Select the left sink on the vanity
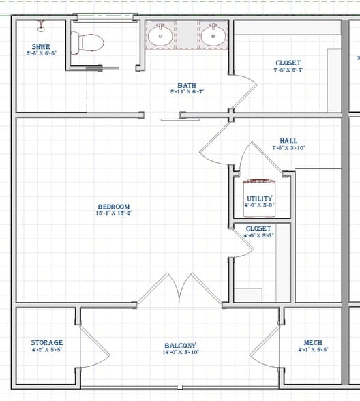[161, 36]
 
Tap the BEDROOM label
[113, 207]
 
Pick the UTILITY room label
[260, 198]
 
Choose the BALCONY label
[181, 346]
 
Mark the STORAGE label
[47, 342]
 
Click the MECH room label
[314, 342]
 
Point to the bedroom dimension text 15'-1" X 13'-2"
[113, 213]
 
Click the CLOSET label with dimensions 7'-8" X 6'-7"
[288, 63]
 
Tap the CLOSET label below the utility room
[259, 228]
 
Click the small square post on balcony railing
[179, 387]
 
